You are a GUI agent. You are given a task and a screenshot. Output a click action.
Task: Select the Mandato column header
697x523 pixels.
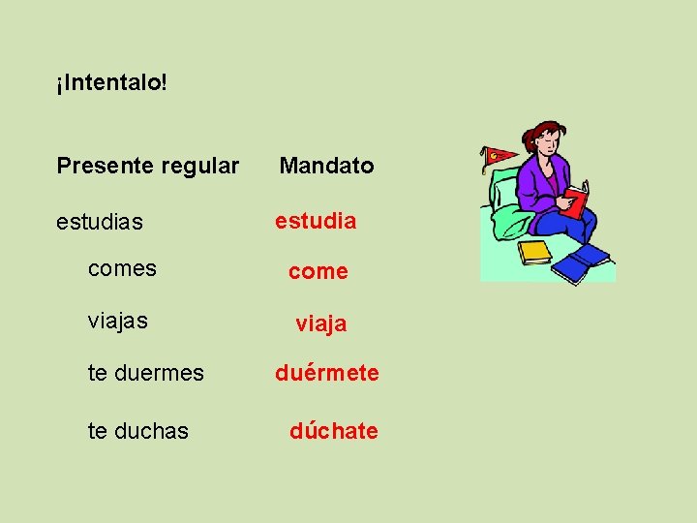[x=326, y=166]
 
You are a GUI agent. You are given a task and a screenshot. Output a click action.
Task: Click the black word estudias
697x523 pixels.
[x=100, y=222]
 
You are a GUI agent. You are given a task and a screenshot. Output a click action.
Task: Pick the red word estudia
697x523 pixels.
[x=316, y=221]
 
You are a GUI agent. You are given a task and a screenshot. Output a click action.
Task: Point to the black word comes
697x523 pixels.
[x=122, y=268]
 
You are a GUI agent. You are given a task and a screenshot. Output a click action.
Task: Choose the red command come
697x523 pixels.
[x=318, y=272]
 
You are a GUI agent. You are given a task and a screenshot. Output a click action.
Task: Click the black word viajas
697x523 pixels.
[x=118, y=320]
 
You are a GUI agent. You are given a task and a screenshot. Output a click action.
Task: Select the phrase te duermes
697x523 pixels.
[x=146, y=373]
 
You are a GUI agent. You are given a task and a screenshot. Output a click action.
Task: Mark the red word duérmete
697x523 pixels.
[x=327, y=373]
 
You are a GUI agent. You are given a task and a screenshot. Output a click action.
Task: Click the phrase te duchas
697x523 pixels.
[x=138, y=431]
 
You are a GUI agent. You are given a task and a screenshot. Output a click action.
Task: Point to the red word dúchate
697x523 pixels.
[x=334, y=431]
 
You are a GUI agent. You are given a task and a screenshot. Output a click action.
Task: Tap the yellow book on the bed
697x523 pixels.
[x=534, y=252]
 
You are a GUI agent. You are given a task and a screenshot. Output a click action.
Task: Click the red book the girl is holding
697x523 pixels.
[x=576, y=202]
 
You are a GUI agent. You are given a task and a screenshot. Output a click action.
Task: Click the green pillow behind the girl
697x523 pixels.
[x=507, y=218]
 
